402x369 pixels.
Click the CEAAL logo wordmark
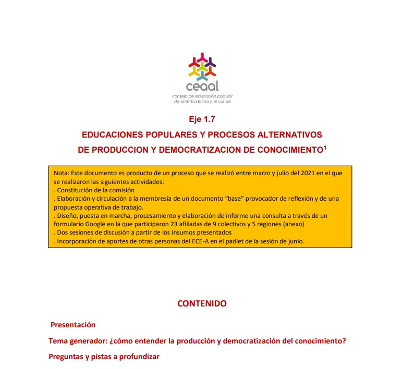click(202, 86)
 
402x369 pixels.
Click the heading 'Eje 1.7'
click(202, 119)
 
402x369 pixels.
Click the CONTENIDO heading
click(202, 303)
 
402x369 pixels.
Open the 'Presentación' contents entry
click(73, 325)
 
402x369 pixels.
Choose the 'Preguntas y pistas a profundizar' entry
click(104, 357)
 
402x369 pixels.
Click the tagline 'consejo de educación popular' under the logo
click(202, 96)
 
